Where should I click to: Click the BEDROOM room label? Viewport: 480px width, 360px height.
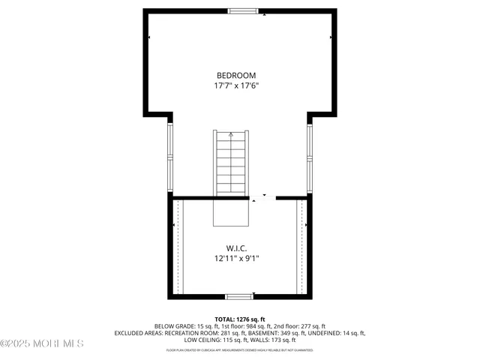[x=236, y=75]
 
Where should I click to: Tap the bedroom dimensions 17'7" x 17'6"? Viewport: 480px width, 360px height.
[x=236, y=85]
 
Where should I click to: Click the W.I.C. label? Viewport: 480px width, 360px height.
[x=237, y=247]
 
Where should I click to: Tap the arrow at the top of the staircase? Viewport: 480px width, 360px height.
[x=231, y=134]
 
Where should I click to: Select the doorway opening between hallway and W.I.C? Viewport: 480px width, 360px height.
[x=262, y=198]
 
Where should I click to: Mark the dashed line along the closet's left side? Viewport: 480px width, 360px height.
[x=177, y=247]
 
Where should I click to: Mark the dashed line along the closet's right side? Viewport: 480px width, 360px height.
[x=302, y=247]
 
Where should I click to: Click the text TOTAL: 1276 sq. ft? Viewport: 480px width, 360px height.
[x=239, y=319]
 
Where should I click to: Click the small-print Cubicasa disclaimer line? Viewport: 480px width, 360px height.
[x=239, y=349]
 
